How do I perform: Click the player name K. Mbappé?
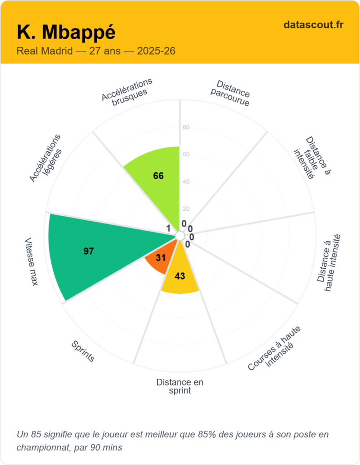(66, 33)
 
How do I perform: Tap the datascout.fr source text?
(313, 25)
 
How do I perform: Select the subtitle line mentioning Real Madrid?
(96, 51)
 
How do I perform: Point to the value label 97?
(89, 251)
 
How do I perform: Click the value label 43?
(180, 276)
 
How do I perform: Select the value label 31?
(160, 258)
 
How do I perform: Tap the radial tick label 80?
(186, 128)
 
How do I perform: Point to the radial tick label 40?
(186, 182)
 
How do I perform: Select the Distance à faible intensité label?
(312, 158)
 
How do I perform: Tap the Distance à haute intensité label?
(329, 263)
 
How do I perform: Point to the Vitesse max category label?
(31, 262)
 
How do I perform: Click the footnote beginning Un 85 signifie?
(173, 440)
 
